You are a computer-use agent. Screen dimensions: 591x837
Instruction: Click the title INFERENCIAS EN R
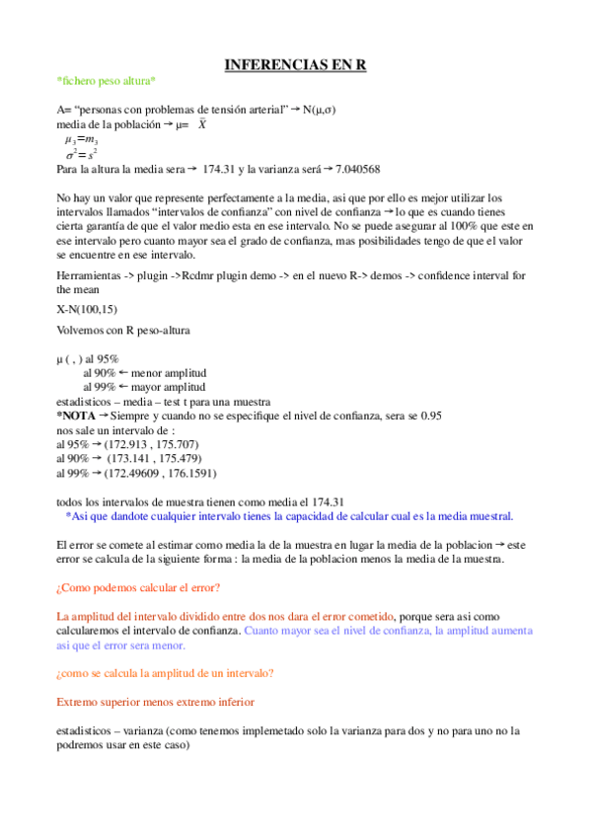pos(295,64)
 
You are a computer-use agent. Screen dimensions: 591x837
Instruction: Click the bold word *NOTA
pos(76,417)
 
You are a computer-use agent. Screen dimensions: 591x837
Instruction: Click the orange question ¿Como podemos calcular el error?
pos(138,588)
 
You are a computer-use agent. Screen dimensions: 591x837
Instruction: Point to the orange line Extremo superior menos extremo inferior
pos(155,702)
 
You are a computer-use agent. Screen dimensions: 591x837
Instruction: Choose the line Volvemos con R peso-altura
pos(123,328)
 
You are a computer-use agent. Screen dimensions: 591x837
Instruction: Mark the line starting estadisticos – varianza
pos(287,731)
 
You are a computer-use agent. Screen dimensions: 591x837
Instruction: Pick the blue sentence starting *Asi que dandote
pos(289,516)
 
